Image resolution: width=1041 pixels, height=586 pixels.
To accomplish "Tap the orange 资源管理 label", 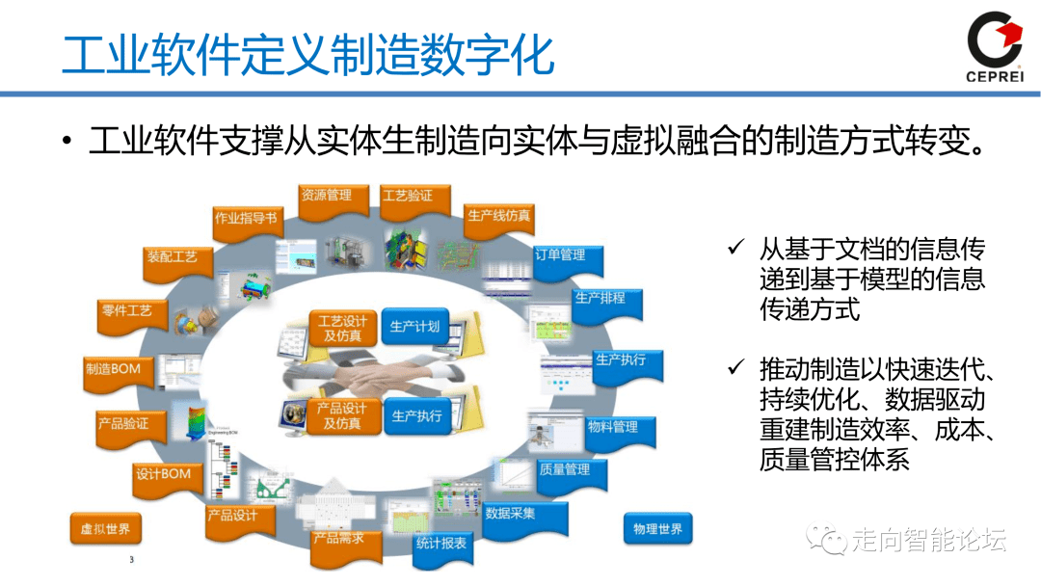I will [x=326, y=196].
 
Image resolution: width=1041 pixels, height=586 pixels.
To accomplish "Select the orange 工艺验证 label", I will [x=408, y=197].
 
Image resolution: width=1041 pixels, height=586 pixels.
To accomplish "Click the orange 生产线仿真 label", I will [x=498, y=216].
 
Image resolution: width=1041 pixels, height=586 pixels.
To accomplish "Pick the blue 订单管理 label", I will [x=560, y=256].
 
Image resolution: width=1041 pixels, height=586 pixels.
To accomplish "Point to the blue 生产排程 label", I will [x=600, y=299].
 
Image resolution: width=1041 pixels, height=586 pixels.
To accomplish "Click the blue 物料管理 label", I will [x=613, y=426].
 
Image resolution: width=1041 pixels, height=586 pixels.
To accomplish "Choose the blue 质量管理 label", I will [x=565, y=470].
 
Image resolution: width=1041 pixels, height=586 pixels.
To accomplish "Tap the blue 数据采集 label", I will [x=510, y=514].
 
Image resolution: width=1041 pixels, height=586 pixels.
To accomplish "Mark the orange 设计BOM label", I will [x=163, y=475].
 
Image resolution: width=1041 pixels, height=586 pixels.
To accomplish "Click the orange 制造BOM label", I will [x=113, y=370].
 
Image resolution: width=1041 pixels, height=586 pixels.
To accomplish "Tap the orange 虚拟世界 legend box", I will [x=105, y=529].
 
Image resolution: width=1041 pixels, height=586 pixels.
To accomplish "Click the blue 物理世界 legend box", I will [x=657, y=529].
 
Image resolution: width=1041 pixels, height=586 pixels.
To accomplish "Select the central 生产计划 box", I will [x=414, y=328].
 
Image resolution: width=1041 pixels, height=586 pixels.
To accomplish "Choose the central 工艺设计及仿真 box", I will [x=342, y=329].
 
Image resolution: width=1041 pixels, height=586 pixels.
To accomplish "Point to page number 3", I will [x=132, y=560].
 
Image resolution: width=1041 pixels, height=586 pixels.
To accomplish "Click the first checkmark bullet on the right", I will [x=735, y=250].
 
